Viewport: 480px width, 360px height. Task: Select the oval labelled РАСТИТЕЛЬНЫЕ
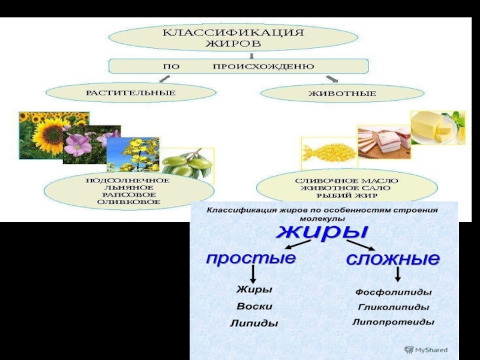click(130, 93)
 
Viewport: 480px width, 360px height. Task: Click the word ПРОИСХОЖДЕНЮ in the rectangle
click(263, 66)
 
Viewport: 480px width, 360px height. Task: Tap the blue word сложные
click(392, 259)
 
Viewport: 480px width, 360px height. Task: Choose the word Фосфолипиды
click(393, 292)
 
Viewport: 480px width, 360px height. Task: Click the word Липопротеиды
click(393, 322)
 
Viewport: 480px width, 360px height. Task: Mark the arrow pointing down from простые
click(253, 274)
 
